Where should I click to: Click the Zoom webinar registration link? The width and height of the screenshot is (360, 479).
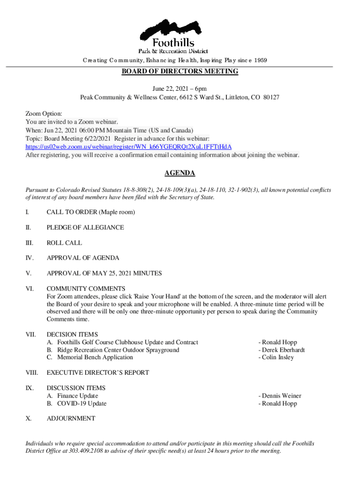click(x=128, y=147)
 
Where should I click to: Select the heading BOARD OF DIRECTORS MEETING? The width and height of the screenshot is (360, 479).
click(x=180, y=72)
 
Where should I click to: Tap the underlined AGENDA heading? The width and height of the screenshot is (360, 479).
click(x=180, y=174)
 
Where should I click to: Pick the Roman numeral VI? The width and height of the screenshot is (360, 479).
click(x=29, y=289)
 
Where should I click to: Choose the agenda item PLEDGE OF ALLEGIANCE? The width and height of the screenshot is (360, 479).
click(x=85, y=227)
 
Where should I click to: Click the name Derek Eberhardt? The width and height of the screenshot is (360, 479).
click(x=283, y=350)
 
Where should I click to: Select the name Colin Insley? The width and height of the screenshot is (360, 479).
click(x=278, y=357)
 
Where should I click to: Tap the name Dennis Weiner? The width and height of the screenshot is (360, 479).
click(x=281, y=396)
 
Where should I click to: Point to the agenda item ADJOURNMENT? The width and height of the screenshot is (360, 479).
click(x=71, y=419)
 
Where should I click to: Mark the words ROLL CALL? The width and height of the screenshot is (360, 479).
click(x=64, y=243)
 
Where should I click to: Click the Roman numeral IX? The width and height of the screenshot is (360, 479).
click(x=29, y=388)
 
